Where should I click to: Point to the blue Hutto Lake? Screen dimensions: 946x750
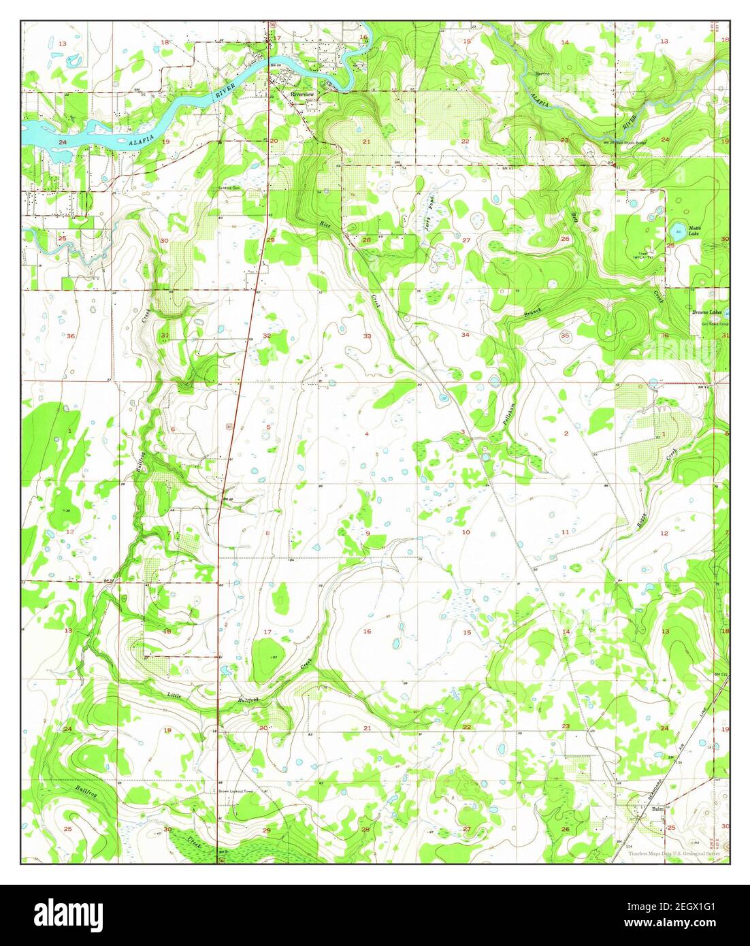(678, 229)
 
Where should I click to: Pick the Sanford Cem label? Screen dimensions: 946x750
(230, 189)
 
